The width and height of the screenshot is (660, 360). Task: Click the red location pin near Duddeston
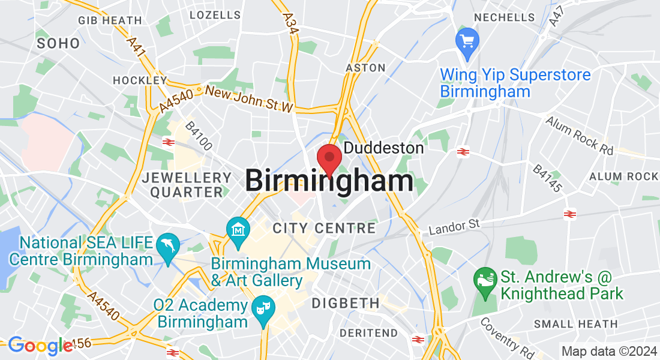(329, 158)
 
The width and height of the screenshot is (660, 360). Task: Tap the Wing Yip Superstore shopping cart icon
(467, 42)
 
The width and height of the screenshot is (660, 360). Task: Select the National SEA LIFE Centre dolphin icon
(167, 247)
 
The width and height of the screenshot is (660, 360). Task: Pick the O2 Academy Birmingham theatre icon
(262, 308)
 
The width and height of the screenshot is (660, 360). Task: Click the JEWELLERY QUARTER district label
(187, 185)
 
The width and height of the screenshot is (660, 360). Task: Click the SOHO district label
(58, 43)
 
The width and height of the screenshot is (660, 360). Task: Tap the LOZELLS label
(215, 14)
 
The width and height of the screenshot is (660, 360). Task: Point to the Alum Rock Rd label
(579, 136)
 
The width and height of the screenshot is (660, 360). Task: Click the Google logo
(39, 346)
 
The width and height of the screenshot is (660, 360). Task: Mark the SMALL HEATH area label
(575, 324)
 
